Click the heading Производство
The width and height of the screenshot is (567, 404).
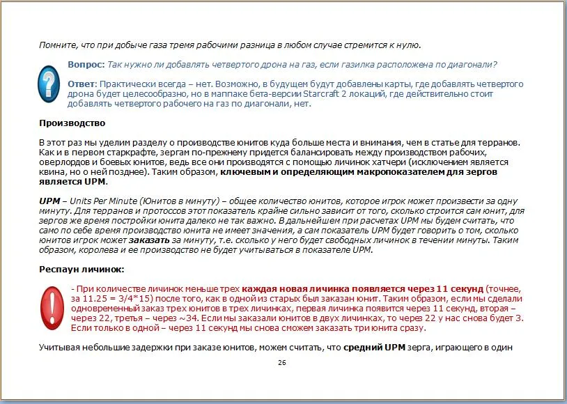tap(72, 123)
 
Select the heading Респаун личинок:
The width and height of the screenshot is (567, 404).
tap(81, 268)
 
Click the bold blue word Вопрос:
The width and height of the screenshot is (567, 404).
tap(86, 64)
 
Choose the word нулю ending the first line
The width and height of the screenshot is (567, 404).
tap(407, 45)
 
